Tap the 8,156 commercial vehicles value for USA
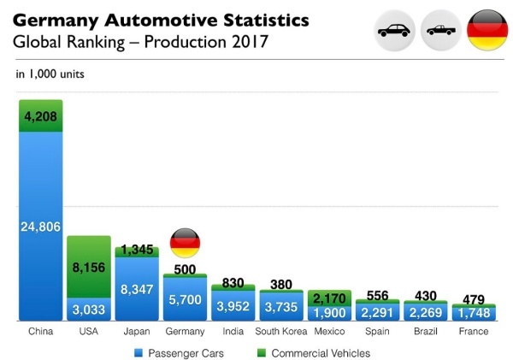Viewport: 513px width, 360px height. [x=89, y=267]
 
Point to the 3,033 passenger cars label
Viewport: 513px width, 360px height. [x=89, y=310]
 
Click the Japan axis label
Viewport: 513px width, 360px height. [x=136, y=331]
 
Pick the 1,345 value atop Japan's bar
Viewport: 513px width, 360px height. [x=137, y=250]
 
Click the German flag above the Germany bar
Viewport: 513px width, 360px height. [x=185, y=244]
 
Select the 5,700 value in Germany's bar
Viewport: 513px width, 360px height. [x=185, y=300]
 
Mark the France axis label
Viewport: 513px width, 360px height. [x=473, y=331]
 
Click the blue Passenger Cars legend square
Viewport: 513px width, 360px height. [x=138, y=351]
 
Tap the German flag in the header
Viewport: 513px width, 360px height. [x=487, y=30]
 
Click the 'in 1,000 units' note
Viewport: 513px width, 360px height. [x=50, y=74]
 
